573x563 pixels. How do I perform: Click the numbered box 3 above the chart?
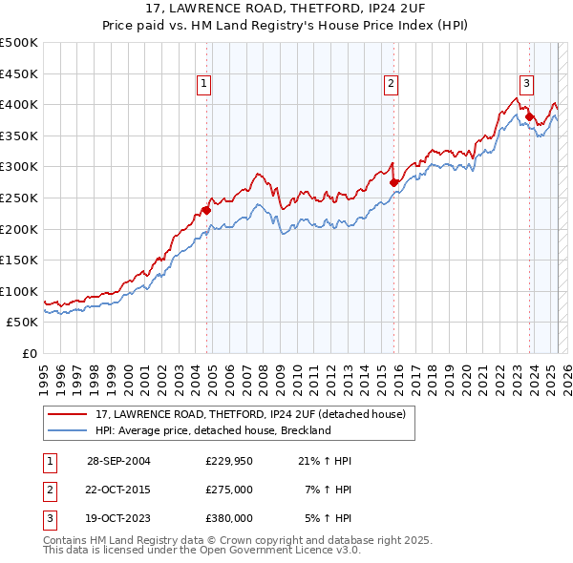click(x=527, y=84)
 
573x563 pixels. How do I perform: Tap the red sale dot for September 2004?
click(x=206, y=209)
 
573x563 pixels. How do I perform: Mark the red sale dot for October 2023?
click(x=528, y=116)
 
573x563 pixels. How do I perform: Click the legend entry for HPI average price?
click(x=212, y=430)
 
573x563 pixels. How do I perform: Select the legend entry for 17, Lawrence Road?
click(x=250, y=414)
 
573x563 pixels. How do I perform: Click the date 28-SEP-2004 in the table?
click(x=118, y=461)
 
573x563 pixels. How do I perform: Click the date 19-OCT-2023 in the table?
click(x=118, y=518)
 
